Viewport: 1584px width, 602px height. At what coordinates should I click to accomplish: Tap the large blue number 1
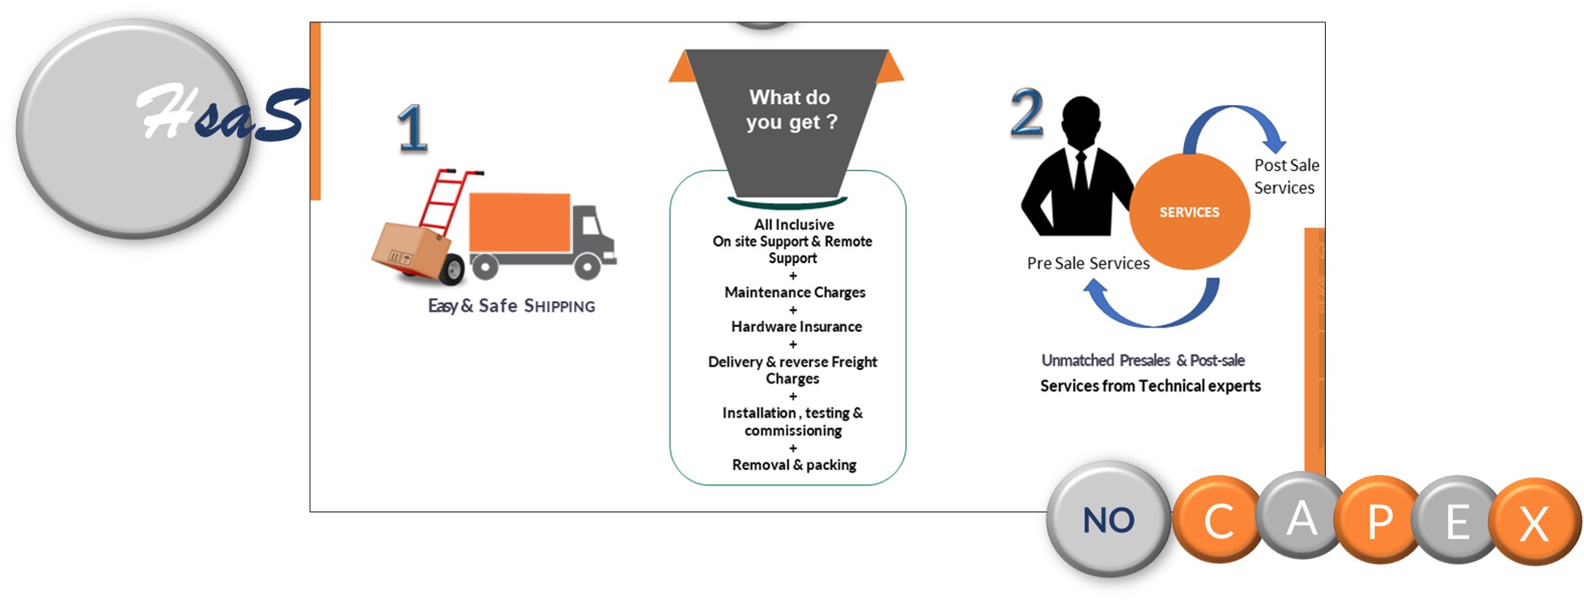(x=412, y=129)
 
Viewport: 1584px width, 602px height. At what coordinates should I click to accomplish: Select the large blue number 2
(x=1026, y=113)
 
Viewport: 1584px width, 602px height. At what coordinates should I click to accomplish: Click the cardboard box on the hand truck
(x=410, y=250)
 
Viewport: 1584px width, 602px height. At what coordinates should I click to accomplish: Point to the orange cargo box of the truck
(x=519, y=222)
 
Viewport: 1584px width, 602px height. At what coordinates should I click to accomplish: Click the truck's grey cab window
(x=590, y=222)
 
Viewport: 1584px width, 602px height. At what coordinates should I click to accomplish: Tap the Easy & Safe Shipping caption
(x=511, y=306)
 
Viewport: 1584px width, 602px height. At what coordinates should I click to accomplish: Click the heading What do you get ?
(x=791, y=109)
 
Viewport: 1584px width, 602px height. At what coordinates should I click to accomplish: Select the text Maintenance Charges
(x=794, y=292)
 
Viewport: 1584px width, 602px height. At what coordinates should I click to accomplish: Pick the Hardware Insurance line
(x=796, y=327)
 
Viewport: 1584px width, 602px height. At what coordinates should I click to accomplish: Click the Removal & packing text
(x=793, y=464)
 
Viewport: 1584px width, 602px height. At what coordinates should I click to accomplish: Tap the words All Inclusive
(x=793, y=225)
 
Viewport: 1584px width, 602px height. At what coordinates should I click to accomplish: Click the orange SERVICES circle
(x=1189, y=212)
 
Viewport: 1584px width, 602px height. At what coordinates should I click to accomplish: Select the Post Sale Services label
(x=1285, y=176)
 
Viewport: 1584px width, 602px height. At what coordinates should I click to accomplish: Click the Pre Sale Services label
(x=1088, y=263)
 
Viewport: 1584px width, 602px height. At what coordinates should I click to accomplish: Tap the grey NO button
(x=1108, y=519)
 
